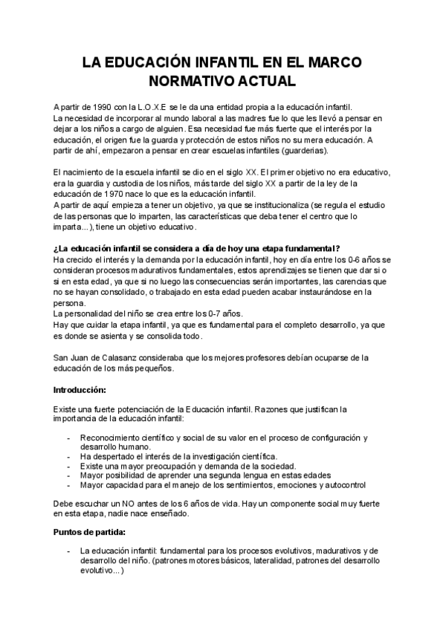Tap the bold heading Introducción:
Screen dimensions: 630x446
tap(80, 389)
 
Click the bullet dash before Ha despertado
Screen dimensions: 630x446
tap(68, 456)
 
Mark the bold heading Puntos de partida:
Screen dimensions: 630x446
tap(88, 532)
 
